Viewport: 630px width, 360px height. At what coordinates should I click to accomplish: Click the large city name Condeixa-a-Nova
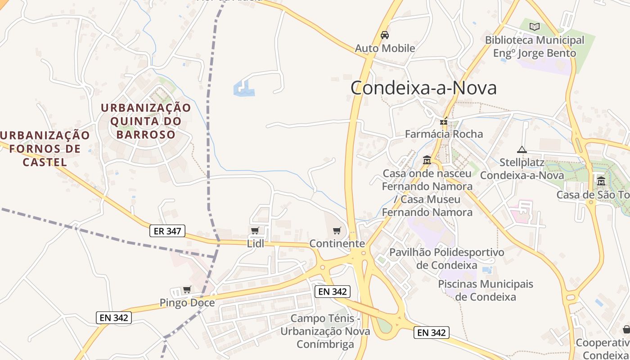pos(423,88)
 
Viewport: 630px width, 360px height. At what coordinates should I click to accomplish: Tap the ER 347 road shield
pos(167,231)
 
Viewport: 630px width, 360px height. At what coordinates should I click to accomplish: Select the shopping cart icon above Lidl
pos(255,231)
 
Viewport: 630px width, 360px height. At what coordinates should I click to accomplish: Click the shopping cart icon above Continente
pos(337,231)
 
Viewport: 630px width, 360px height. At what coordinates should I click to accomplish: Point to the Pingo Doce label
pos(187,303)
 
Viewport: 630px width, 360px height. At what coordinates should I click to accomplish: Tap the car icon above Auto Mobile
pos(385,35)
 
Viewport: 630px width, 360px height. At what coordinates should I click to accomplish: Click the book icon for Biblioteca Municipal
pos(535,27)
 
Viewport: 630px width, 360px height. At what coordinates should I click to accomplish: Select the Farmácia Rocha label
pos(444,134)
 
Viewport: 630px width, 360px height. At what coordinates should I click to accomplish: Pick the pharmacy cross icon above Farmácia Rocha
pos(444,121)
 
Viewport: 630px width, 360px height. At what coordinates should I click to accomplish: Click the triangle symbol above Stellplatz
pos(522,149)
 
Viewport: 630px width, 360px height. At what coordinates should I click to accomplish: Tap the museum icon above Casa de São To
pos(601,181)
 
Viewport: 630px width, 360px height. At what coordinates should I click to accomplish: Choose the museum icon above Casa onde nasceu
pos(427,160)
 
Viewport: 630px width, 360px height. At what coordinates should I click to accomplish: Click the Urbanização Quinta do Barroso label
pos(146,121)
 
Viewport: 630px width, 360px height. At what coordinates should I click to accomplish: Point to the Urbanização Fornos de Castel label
pos(45,148)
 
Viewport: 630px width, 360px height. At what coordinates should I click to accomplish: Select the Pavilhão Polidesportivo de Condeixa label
pos(446,259)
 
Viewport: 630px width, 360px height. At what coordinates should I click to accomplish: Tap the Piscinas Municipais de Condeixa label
pos(485,291)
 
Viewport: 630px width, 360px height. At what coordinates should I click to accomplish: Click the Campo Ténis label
pos(325,331)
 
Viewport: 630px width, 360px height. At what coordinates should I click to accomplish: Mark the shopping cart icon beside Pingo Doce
pos(187,289)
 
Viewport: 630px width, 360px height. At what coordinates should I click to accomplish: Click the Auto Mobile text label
pos(385,48)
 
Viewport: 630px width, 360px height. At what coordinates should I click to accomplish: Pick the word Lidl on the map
pos(255,244)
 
